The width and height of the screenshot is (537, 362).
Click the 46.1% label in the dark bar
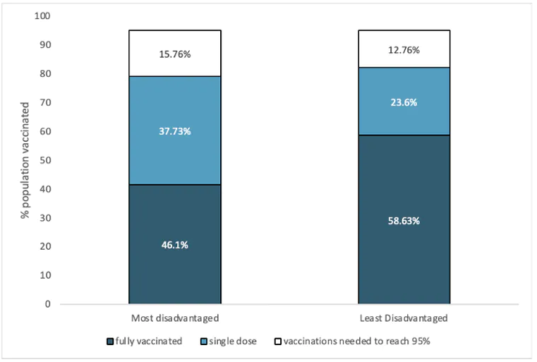174,245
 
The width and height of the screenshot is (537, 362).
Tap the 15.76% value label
174,54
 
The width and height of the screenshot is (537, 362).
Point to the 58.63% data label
404,220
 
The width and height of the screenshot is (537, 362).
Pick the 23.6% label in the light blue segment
404,102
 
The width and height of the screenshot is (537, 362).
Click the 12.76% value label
404,50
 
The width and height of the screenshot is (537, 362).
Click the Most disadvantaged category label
174,318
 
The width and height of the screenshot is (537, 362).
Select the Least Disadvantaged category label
404,318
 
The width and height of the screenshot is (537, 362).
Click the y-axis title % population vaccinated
25,159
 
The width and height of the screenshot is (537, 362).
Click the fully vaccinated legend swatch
110,342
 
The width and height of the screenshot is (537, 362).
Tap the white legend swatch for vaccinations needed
277,342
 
